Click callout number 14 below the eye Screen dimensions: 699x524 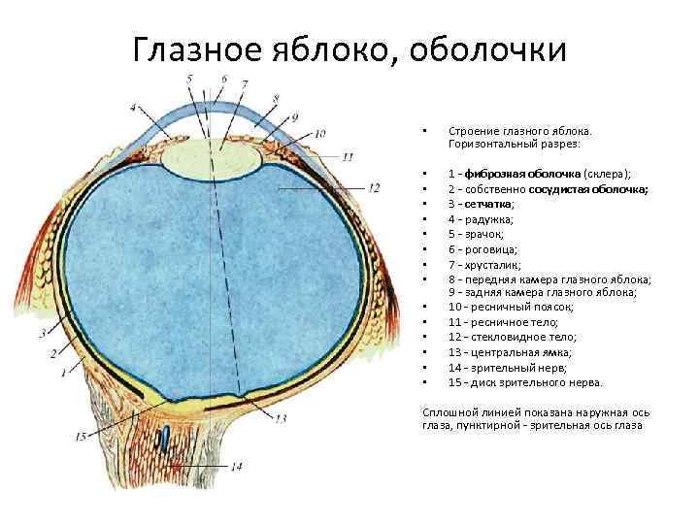[x=236, y=467]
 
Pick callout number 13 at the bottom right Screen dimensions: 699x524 [x=281, y=419]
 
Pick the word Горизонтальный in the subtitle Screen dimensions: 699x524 [x=497, y=143]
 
